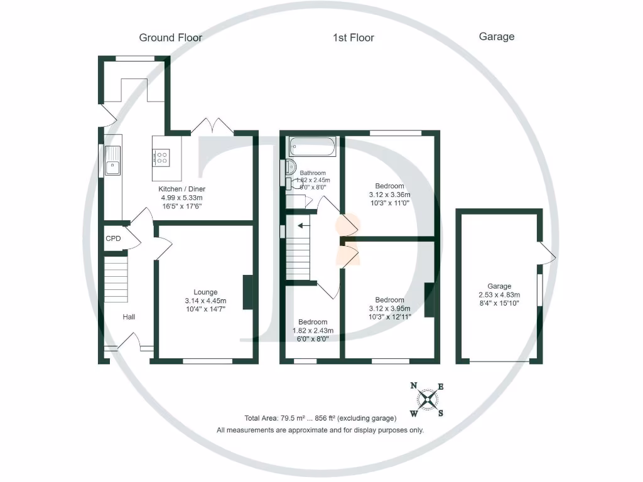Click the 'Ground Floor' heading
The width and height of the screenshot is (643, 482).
170,38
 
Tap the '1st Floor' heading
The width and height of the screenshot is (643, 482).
353,38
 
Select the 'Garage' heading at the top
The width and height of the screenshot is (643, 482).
496,36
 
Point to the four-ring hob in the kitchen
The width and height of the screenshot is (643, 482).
161,156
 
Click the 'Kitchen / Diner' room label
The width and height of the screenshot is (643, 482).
181,189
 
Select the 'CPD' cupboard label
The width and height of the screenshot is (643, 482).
113,238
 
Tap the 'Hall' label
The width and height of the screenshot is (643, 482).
129,317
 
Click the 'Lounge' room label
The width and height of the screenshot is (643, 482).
205,292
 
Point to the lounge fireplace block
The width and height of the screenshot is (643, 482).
247,292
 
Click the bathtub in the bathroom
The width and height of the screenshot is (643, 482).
312,147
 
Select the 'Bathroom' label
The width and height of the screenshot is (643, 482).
312,173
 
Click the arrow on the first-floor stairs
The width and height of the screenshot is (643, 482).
304,226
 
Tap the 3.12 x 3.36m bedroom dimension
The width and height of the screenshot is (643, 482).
389,195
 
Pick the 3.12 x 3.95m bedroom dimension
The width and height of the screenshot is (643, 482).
389,308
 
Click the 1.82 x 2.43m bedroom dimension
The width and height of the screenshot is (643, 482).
313,331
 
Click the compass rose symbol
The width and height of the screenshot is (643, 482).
427,399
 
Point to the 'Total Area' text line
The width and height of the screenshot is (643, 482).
320,418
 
